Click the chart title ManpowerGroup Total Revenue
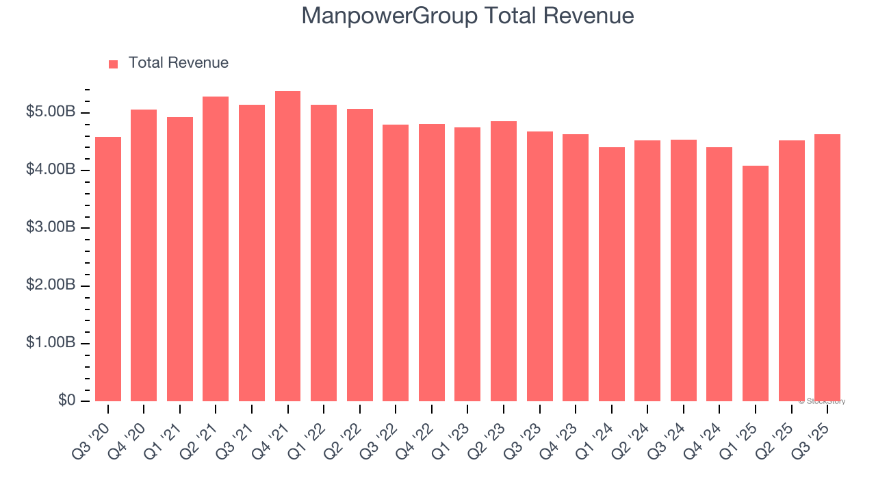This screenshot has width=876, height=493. [x=467, y=16]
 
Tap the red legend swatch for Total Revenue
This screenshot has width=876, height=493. [x=114, y=64]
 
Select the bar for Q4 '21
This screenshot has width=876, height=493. [x=287, y=246]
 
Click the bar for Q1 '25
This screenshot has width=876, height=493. [x=756, y=283]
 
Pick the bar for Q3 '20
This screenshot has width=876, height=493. [x=108, y=269]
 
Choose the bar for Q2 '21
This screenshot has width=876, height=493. [x=216, y=249]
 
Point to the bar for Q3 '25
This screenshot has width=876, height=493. [x=827, y=268]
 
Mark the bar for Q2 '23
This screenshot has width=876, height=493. [x=503, y=262]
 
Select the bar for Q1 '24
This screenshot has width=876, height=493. [x=611, y=274]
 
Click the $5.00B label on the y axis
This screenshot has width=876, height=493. [x=51, y=112]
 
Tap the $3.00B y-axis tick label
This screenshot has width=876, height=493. [x=51, y=227]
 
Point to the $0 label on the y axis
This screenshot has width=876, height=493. [x=66, y=401]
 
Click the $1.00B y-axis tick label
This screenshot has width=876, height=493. [x=51, y=343]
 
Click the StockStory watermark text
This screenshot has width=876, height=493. [x=822, y=401]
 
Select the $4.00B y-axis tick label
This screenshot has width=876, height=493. [x=51, y=170]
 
